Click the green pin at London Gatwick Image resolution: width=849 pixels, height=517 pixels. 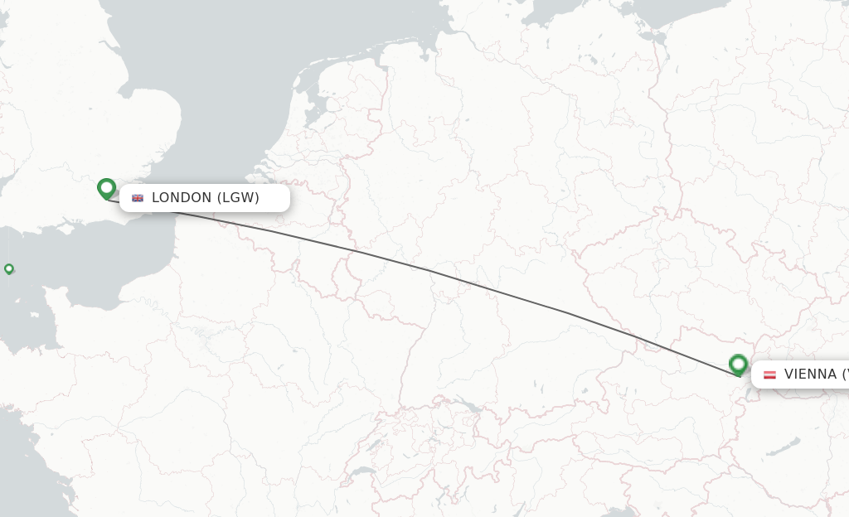106,188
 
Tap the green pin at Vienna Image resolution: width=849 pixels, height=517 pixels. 738,365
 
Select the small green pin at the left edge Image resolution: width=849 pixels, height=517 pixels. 9,268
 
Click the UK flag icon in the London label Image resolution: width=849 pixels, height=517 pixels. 138,198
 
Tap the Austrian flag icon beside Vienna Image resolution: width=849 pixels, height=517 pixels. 769,374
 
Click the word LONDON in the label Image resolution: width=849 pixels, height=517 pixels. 182,198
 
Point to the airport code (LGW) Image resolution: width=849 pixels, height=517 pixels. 239,198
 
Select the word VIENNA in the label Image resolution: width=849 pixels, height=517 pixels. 810,374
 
